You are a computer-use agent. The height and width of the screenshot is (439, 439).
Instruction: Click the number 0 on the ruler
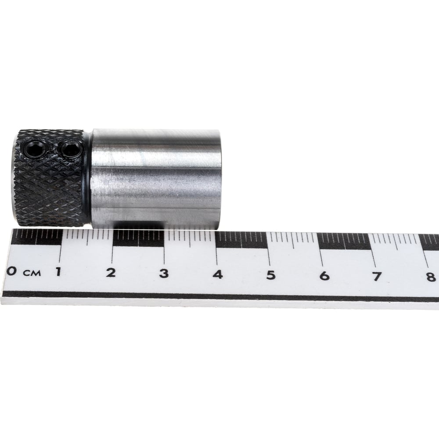(11, 271)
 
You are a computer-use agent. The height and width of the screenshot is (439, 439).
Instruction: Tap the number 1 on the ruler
(58, 272)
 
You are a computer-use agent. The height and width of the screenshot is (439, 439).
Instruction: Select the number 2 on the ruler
(111, 273)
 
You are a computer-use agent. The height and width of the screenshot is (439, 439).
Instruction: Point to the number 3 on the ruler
(164, 273)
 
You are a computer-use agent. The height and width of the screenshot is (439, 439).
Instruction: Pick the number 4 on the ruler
(218, 274)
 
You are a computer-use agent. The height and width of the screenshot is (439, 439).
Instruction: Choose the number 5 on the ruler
(271, 275)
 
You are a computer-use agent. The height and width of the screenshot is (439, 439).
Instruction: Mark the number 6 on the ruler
(324, 276)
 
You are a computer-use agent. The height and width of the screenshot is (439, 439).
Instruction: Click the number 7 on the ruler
(377, 277)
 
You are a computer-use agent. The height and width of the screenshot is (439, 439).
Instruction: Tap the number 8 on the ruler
(431, 277)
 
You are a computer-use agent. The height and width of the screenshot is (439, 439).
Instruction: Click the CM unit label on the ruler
(32, 273)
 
